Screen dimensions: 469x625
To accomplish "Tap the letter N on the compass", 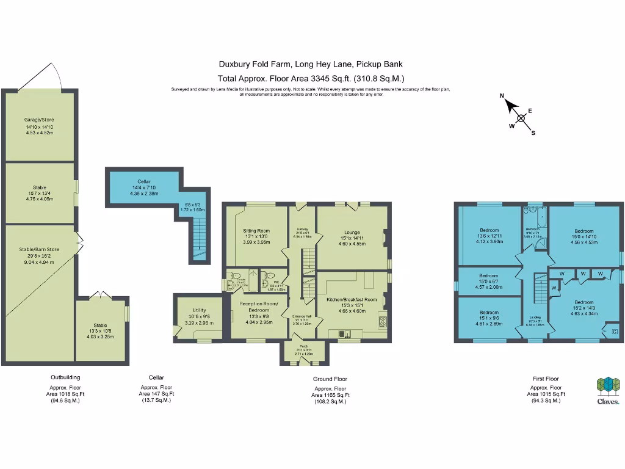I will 502,96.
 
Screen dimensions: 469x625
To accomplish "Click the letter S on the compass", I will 533,133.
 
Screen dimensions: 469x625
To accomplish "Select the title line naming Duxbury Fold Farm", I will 311,64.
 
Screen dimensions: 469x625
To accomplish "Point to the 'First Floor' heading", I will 545,379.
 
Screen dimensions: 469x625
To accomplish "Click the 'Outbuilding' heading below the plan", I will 65,377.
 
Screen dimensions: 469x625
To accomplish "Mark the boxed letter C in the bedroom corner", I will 613,331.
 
